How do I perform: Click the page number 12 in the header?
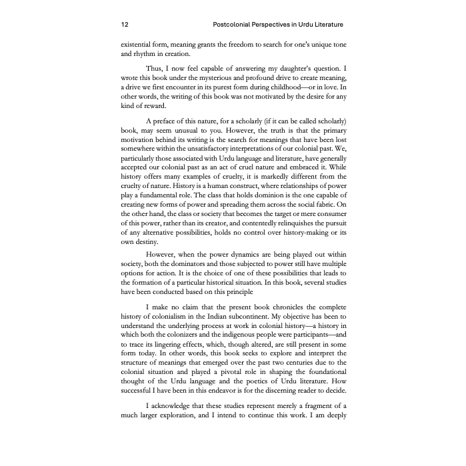tap(125, 25)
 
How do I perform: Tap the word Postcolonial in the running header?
tap(234, 25)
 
